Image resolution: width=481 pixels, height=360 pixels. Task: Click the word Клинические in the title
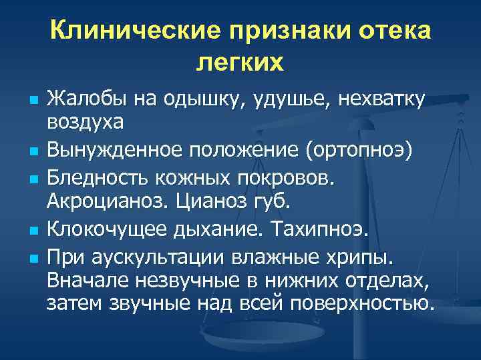135,30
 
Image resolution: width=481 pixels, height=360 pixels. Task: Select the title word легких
240,63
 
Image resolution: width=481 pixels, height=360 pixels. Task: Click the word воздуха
86,123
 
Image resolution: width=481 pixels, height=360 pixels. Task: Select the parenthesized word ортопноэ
359,151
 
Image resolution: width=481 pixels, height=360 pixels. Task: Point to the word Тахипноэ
319,229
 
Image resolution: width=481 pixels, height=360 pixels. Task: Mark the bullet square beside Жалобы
34,101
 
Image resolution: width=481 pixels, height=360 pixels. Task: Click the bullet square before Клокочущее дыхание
34,230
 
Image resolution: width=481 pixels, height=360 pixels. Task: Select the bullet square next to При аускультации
34,259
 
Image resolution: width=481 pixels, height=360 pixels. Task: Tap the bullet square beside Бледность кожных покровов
34,179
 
